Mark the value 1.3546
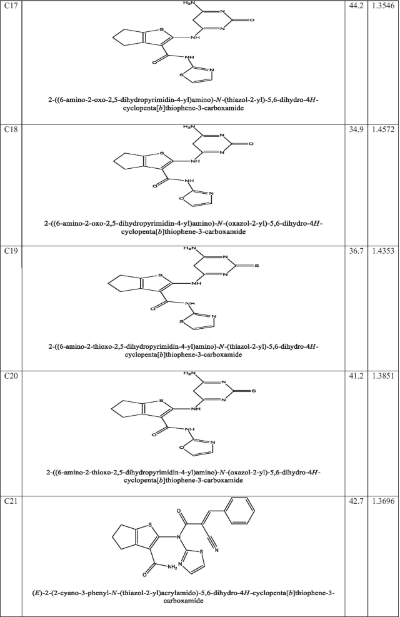point(383,6)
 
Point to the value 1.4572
point(383,129)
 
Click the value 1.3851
point(383,375)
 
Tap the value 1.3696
point(383,498)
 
